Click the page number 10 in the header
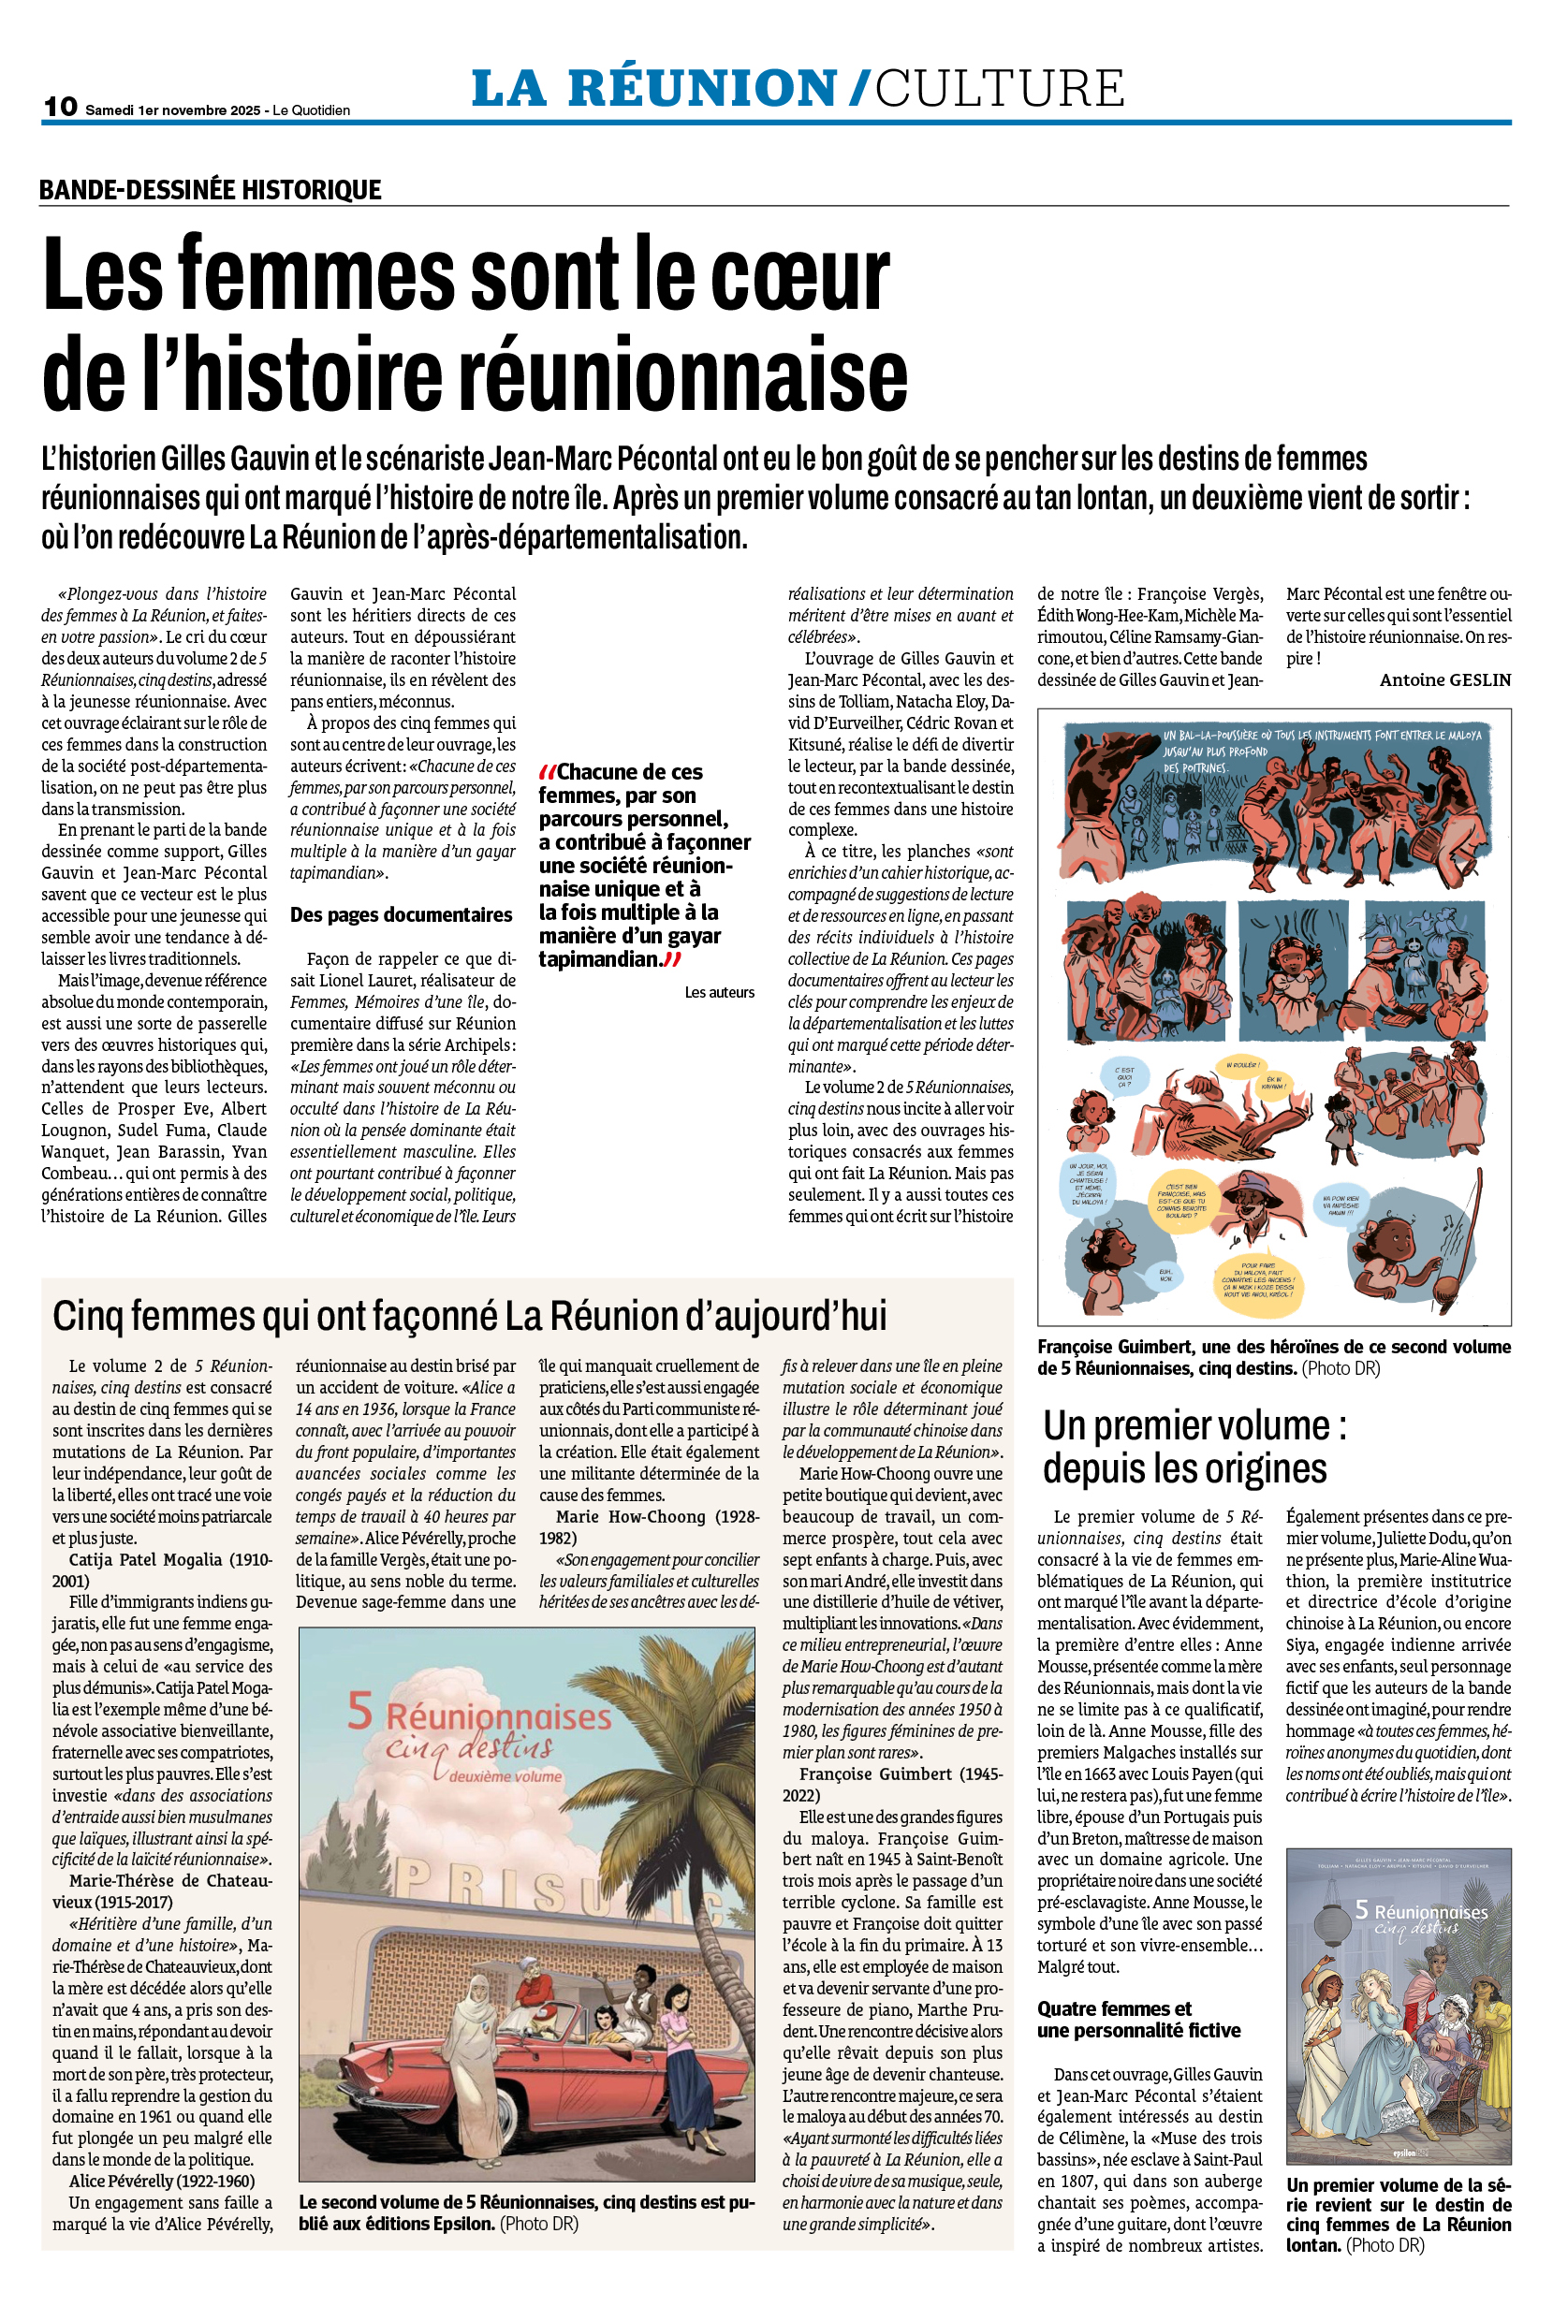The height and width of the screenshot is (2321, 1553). point(61,106)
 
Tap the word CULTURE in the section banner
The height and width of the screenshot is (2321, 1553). point(1000,88)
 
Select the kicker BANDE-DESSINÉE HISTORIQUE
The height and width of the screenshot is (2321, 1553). point(210,189)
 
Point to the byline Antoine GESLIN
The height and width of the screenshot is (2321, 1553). point(1445,679)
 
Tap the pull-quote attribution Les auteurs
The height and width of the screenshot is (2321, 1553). point(719,992)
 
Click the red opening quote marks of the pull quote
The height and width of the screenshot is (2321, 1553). point(547,771)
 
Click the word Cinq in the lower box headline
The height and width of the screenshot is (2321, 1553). point(87,1316)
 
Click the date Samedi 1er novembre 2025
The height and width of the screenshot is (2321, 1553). point(172,109)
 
